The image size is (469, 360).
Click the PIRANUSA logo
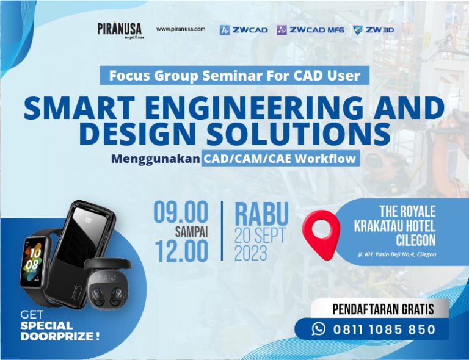click(120, 30)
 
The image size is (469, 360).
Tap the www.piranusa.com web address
click(181, 29)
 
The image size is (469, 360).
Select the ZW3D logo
click(374, 30)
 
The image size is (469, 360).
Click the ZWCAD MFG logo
click(310, 30)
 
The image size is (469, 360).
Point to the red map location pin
click(321, 233)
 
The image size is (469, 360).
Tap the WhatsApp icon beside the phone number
click(319, 329)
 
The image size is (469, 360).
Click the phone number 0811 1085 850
click(384, 329)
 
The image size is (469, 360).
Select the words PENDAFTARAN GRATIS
click(383, 309)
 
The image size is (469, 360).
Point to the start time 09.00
click(181, 212)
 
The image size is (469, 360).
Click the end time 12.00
click(181, 251)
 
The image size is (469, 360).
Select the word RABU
click(262, 214)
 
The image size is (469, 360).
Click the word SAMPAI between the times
click(191, 232)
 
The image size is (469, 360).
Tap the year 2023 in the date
click(250, 253)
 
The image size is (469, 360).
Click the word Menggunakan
click(155, 159)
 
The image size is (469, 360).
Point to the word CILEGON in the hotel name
click(416, 240)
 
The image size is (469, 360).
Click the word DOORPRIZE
click(59, 336)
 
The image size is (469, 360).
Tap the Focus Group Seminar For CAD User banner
click(234, 75)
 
